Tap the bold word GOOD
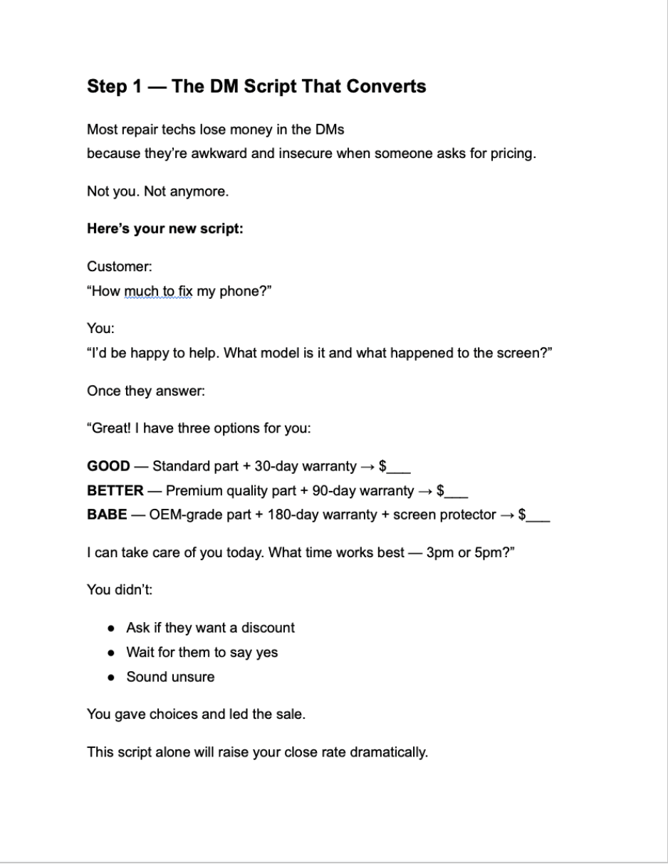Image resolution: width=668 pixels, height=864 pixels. point(108,467)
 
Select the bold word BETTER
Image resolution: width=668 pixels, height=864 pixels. point(115,491)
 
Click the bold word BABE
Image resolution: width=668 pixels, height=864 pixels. point(107,515)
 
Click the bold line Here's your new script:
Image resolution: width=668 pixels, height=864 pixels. point(165,229)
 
